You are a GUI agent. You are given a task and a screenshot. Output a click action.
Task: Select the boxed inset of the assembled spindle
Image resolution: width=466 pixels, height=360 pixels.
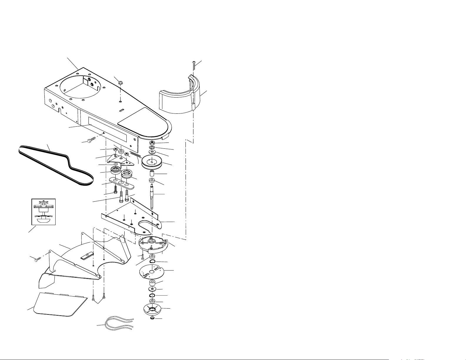pyautogui.click(x=43, y=212)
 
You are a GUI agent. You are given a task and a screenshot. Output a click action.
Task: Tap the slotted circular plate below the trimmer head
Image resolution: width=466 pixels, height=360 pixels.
pyautogui.click(x=152, y=272)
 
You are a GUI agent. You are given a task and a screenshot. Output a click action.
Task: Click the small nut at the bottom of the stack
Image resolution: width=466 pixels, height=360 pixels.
pyautogui.click(x=152, y=319)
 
